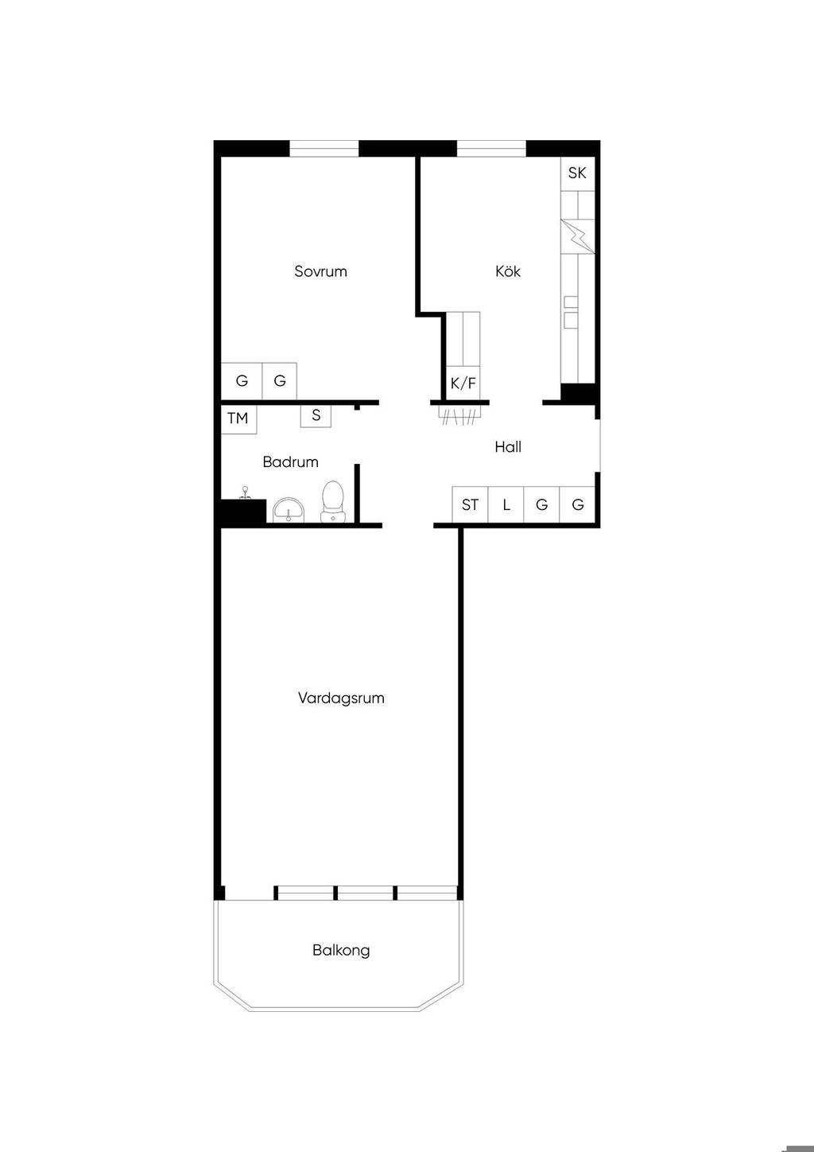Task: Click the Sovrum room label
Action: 320,271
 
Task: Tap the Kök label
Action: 508,271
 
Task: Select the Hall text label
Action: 508,447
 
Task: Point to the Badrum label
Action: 290,461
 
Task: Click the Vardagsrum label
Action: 341,698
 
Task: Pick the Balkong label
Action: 341,950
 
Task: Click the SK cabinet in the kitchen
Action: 577,173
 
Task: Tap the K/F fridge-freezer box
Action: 463,383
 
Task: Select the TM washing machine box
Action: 238,419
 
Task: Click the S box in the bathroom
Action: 316,415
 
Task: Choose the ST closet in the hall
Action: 471,504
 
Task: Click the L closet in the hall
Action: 506,504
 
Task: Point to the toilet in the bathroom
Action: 333,501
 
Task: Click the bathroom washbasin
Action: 289,510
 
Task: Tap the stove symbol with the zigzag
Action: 578,236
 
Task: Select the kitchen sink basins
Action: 571,312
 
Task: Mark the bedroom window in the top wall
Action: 324,148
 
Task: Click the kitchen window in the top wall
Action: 491,148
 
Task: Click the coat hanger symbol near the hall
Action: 460,415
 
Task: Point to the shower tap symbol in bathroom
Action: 246,492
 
